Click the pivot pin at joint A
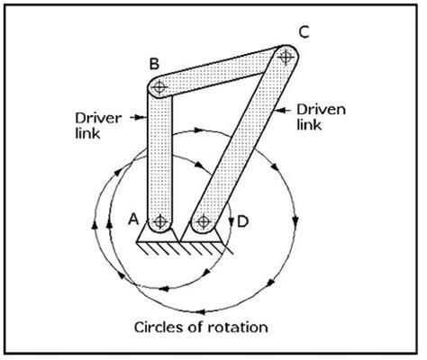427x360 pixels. [x=160, y=220]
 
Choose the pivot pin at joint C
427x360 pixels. [x=286, y=58]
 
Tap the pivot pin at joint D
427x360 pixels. [x=204, y=220]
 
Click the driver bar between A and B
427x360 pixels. [x=160, y=153]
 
